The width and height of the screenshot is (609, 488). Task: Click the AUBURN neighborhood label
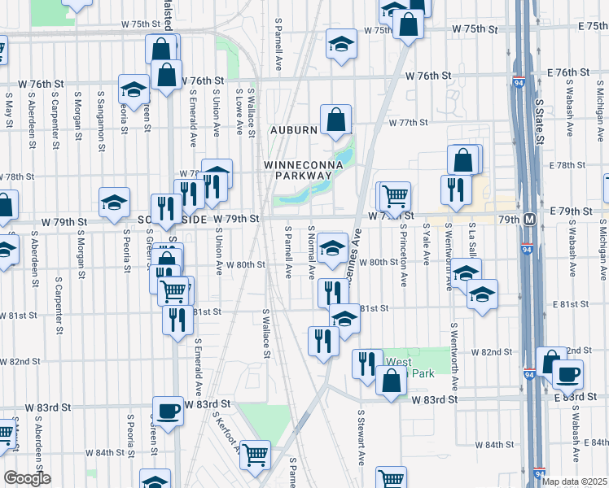pyautogui.click(x=293, y=130)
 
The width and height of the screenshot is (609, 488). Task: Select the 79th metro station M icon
pyautogui.click(x=529, y=220)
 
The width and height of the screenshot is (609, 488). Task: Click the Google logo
pyautogui.click(x=27, y=478)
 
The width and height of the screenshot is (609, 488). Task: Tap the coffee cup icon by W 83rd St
pyautogui.click(x=169, y=411)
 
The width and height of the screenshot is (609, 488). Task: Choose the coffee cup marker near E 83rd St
pyautogui.click(x=567, y=375)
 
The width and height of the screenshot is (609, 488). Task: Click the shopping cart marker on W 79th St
pyautogui.click(x=395, y=195)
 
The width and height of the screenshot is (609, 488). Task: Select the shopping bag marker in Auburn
pyautogui.click(x=335, y=120)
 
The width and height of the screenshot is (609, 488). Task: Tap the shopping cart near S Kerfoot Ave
pyautogui.click(x=255, y=455)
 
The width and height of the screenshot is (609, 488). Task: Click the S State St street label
pyautogui.click(x=539, y=122)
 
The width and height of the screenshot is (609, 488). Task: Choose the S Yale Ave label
pyautogui.click(x=427, y=246)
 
